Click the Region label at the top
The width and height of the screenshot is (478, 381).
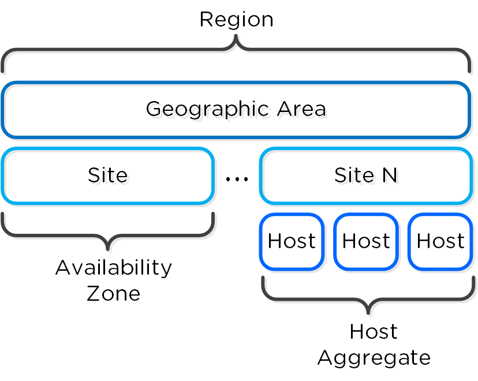(236, 20)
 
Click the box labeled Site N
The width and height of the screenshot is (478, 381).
(365, 175)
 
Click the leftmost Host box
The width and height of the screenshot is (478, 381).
(292, 241)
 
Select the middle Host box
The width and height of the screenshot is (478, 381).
(365, 241)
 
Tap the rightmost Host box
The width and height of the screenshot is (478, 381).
(440, 241)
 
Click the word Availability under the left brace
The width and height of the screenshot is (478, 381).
(114, 268)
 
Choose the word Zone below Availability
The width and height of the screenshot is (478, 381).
(114, 293)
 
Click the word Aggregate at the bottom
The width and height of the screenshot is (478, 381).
(374, 357)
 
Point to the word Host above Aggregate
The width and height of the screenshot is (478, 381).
(374, 332)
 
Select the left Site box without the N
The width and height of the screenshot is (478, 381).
(107, 175)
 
